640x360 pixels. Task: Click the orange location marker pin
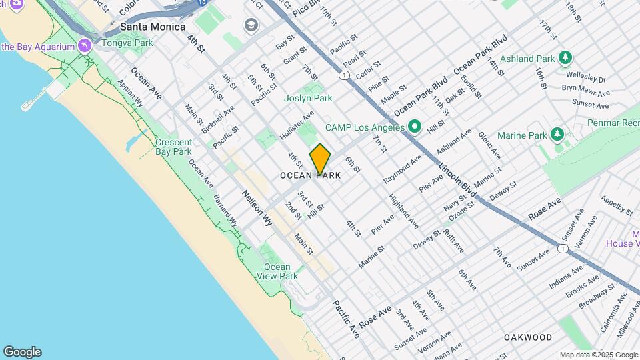coord(320,159)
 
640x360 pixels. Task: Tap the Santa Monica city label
coord(152,27)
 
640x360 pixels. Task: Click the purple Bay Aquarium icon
coord(84,46)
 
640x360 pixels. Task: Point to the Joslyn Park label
coord(308,98)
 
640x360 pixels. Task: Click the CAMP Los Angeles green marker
coord(415,126)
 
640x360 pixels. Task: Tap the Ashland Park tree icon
coord(565,58)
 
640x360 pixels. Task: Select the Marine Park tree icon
coord(557,135)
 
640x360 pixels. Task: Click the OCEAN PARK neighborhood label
coord(310,175)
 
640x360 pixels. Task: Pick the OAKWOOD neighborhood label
coord(527,337)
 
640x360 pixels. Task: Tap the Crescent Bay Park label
coord(173,147)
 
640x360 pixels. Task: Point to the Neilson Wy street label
coord(257,207)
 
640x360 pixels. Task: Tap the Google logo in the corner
coord(22,351)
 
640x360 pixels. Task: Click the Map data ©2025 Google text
coord(598,355)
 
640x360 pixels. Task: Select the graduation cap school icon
coord(251,26)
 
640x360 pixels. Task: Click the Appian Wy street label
coord(130,94)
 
